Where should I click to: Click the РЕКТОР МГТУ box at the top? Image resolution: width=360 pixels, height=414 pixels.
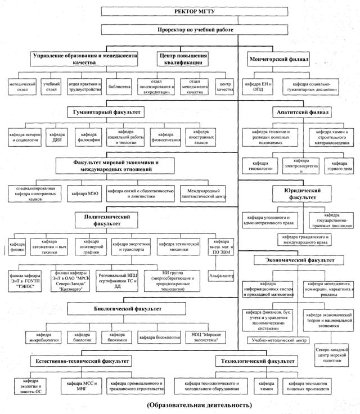[x=180, y=11]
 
